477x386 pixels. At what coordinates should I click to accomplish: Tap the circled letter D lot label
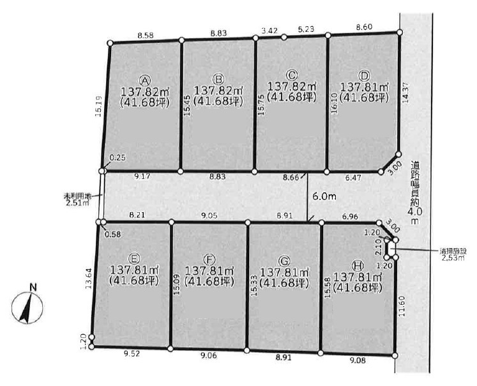click(x=365, y=75)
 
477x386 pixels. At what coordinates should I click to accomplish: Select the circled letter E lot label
click(x=134, y=258)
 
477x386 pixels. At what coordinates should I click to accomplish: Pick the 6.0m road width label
click(x=324, y=197)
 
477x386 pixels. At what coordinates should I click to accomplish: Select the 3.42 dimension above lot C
click(x=270, y=31)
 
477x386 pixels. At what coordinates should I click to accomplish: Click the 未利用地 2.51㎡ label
click(x=79, y=199)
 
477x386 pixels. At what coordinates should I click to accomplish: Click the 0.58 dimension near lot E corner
click(x=113, y=234)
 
